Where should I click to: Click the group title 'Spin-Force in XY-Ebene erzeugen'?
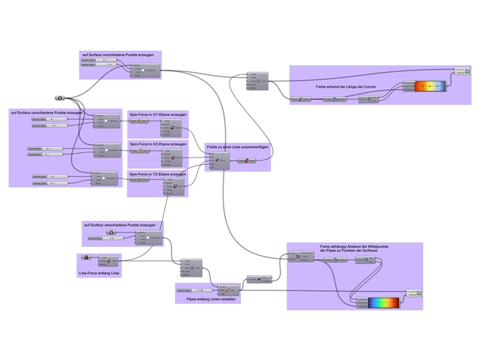157,114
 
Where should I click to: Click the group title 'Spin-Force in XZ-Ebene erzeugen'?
157,143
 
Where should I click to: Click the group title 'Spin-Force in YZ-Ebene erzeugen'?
157,173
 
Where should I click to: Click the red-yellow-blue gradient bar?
430,86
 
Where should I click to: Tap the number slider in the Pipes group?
190,289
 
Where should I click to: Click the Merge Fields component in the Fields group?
219,160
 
